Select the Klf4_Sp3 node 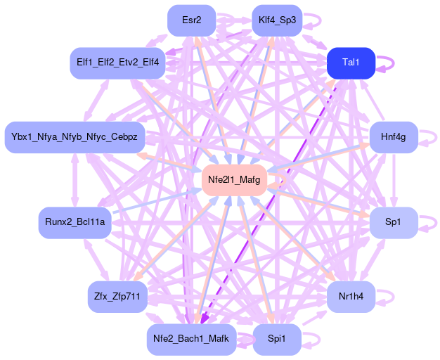click(x=277, y=20)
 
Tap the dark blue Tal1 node click(x=351, y=63)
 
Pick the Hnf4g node click(x=394, y=136)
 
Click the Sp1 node click(x=394, y=222)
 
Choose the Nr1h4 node click(x=351, y=296)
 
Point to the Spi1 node click(x=277, y=339)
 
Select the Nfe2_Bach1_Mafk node click(x=191, y=339)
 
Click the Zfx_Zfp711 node click(x=117, y=296)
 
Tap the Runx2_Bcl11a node click(x=75, y=222)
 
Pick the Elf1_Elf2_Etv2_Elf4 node click(x=117, y=63)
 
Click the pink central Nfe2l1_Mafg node click(x=234, y=180)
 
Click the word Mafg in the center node click(x=248, y=180)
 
